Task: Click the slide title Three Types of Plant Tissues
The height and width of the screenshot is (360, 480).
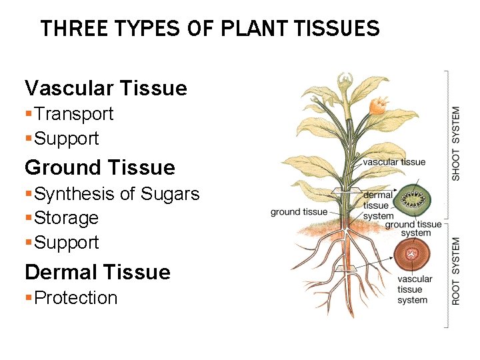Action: click(209, 29)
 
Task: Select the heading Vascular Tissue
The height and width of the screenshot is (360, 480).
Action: click(105, 88)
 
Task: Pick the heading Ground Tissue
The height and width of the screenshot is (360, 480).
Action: click(99, 167)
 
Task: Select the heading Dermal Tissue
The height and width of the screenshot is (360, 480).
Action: click(97, 272)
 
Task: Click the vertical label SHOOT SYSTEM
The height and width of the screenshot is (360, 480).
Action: click(456, 143)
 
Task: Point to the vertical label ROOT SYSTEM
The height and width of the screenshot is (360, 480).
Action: click(456, 271)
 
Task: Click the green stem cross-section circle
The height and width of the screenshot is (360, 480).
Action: click(413, 198)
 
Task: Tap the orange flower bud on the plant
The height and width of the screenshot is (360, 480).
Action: click(379, 105)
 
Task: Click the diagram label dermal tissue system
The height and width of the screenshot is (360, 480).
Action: click(378, 205)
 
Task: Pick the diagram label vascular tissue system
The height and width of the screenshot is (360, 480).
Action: click(414, 289)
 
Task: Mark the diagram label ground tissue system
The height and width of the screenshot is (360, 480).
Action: click(413, 229)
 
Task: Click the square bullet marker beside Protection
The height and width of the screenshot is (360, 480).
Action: click(28, 298)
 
